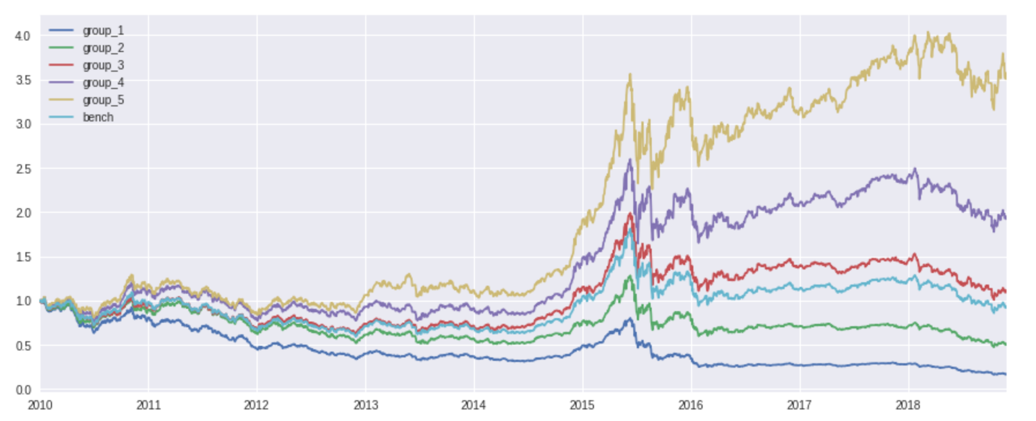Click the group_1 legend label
click(x=103, y=31)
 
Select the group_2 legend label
click(x=103, y=48)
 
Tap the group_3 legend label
click(x=103, y=65)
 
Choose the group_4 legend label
click(x=103, y=83)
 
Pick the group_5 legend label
click(x=103, y=100)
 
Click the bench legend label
click(x=98, y=117)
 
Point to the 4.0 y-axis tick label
click(x=23, y=36)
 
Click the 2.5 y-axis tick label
click(x=23, y=169)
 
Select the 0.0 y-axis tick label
click(x=23, y=390)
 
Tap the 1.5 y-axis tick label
click(x=23, y=257)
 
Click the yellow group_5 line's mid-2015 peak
click(x=630, y=75)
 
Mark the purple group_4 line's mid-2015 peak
click(x=630, y=160)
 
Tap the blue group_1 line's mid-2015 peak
click(x=629, y=318)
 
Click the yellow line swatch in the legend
click(x=61, y=100)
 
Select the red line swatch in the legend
click(x=61, y=65)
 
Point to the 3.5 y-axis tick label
click(x=23, y=80)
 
